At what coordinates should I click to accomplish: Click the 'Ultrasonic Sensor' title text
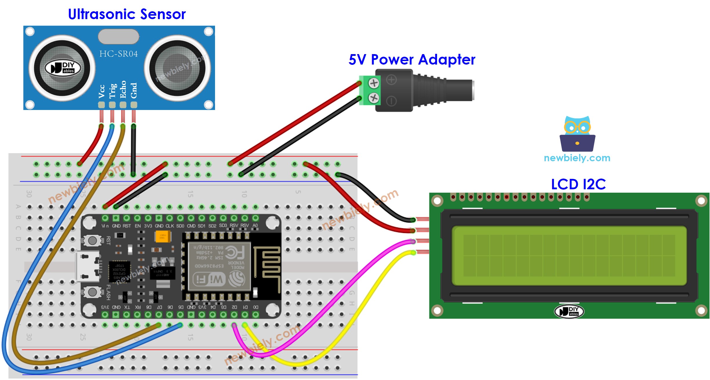(x=127, y=14)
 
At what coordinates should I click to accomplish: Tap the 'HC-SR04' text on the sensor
(x=119, y=54)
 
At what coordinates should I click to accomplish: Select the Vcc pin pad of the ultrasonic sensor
(x=101, y=105)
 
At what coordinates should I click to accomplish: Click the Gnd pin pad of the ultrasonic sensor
(x=134, y=105)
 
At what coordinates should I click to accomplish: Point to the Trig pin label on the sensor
(x=112, y=91)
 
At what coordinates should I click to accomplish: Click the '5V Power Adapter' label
(x=412, y=60)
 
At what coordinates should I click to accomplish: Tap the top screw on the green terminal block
(x=374, y=83)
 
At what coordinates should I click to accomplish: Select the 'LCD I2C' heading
(x=578, y=184)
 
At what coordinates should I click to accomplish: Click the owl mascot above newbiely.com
(x=577, y=134)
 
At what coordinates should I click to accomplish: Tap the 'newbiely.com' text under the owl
(x=577, y=158)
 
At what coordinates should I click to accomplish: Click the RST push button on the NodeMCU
(x=92, y=240)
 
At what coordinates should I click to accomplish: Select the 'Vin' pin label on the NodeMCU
(x=105, y=226)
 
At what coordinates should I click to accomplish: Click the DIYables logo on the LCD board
(x=569, y=311)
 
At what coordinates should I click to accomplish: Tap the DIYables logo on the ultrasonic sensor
(x=63, y=68)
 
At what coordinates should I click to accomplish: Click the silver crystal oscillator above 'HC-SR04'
(x=119, y=36)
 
